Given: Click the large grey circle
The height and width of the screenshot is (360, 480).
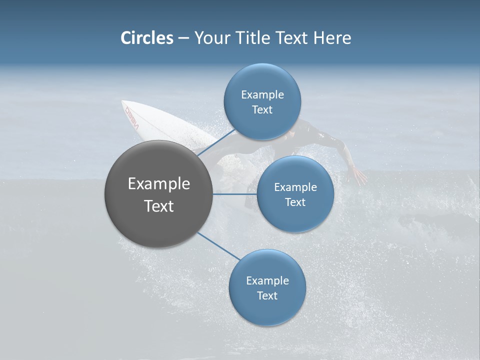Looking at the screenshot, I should click(x=159, y=194).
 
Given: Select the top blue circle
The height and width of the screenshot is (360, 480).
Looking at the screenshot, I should click(x=262, y=102).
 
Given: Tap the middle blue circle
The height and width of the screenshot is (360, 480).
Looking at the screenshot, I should click(x=295, y=194).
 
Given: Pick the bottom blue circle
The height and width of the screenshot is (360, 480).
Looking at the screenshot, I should click(x=267, y=287).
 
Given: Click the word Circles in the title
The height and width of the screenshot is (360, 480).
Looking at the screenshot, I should click(x=146, y=38).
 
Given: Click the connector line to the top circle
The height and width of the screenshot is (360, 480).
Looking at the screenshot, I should click(x=216, y=142).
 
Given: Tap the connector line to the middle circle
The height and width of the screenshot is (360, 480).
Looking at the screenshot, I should click(x=234, y=194).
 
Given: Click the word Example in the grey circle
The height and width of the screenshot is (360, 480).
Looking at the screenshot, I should click(x=159, y=184).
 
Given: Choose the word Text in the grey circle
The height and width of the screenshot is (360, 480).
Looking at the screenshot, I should click(x=159, y=206).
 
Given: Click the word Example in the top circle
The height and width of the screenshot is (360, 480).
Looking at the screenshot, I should click(x=262, y=94).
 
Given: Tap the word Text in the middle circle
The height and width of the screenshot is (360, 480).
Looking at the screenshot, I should click(x=295, y=202).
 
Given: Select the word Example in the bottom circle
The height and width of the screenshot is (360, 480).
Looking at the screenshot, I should click(x=267, y=280).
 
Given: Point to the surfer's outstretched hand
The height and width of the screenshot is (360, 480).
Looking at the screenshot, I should click(x=358, y=176).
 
